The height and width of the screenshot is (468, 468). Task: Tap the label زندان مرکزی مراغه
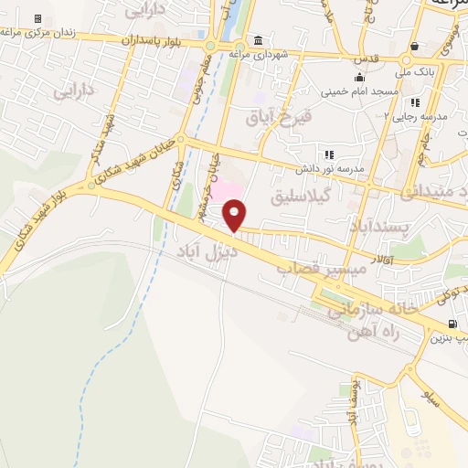pyautogui.click(x=40, y=34)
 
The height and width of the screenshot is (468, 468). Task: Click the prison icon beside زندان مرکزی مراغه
pyautogui.click(x=37, y=19)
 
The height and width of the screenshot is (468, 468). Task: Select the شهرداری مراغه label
pyautogui.click(x=259, y=55)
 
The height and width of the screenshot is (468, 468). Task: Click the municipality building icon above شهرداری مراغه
pyautogui.click(x=259, y=41)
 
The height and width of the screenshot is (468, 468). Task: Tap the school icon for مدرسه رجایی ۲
pyautogui.click(x=416, y=102)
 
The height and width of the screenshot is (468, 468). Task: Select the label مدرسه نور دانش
pyautogui.click(x=329, y=169)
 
